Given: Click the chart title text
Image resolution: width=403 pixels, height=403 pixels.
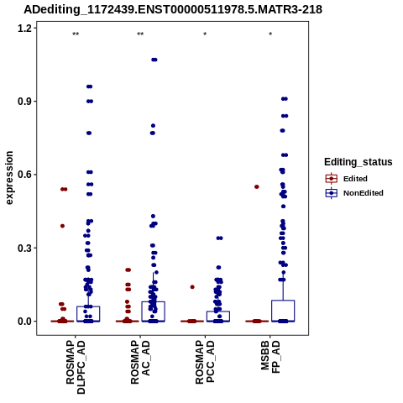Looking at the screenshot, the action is click(x=173, y=9).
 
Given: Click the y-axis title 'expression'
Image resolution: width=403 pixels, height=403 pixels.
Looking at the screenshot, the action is click(x=9, y=178).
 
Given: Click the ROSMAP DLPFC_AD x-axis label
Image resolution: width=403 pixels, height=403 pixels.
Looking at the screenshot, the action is click(x=76, y=367).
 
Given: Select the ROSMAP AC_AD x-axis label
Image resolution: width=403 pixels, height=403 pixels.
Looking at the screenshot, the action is click(x=140, y=363).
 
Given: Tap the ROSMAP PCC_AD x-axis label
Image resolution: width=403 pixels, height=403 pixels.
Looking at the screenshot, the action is click(x=205, y=363).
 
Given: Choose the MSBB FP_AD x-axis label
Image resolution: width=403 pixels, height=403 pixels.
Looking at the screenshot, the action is click(x=270, y=357).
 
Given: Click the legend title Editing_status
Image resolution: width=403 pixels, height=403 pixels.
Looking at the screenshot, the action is click(x=359, y=162).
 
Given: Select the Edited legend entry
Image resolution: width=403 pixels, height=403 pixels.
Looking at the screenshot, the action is click(x=346, y=179).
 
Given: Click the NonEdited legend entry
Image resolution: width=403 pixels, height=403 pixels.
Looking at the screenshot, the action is click(x=354, y=193).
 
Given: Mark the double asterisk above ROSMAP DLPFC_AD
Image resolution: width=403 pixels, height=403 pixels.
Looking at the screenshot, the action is click(x=76, y=34).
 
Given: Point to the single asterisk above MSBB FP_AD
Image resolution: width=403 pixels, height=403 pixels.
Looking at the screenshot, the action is click(x=270, y=34).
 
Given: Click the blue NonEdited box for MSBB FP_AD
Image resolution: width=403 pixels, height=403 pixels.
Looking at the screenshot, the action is click(x=283, y=311).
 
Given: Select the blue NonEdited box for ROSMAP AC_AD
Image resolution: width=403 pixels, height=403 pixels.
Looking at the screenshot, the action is click(x=153, y=311).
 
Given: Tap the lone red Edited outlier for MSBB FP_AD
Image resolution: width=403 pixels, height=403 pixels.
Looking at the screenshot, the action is click(x=257, y=187).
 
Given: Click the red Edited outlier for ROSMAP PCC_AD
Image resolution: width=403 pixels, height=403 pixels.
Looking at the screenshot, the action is click(x=192, y=287).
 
